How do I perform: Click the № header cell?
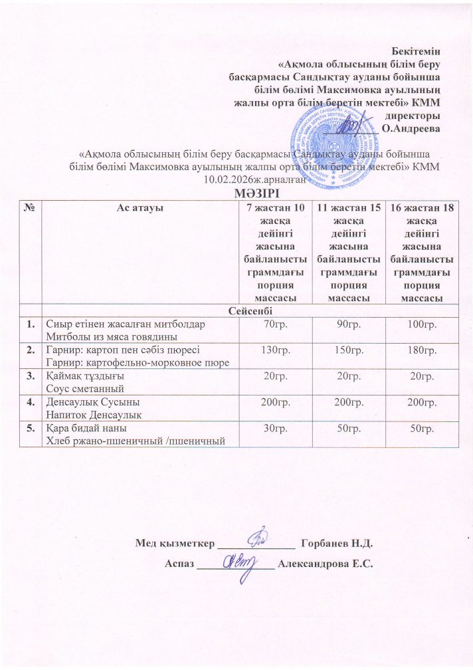(x=29, y=207)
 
